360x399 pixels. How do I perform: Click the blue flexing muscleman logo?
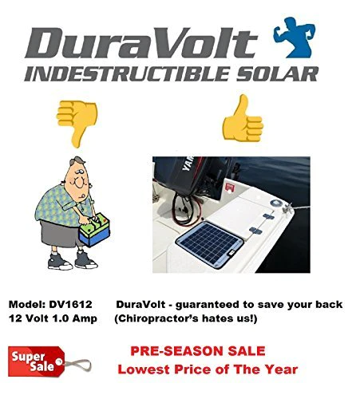tap(294, 38)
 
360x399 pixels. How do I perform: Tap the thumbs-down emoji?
tap(77, 122)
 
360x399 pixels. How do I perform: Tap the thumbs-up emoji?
tap(243, 119)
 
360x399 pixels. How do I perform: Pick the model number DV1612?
tap(70, 304)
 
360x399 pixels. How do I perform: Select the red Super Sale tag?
tap(36, 361)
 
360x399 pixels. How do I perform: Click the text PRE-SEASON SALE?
tap(198, 351)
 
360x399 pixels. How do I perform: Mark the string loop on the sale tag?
tap(77, 365)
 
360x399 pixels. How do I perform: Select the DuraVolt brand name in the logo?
tap(141, 42)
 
